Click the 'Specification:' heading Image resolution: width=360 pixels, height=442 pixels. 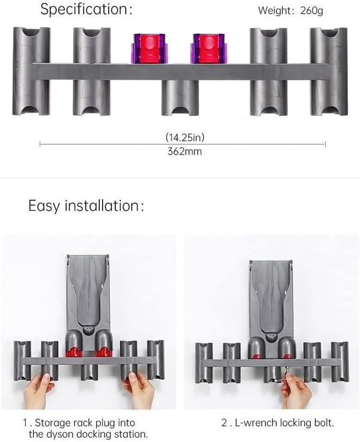pos(86,9)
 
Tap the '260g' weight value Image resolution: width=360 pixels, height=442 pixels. pos(311,11)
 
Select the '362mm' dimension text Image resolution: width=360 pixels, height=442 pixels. pos(185,151)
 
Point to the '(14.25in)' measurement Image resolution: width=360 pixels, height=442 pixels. pos(185,137)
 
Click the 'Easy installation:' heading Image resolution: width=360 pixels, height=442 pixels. pos(86,206)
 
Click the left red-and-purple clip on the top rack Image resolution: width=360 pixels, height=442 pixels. pos(148,49)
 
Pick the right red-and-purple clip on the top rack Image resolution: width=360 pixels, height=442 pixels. pos(209,49)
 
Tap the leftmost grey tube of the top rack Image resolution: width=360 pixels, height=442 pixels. pos(32,71)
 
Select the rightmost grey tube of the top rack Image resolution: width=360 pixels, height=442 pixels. pos(329,71)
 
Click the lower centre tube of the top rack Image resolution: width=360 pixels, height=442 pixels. pos(180,97)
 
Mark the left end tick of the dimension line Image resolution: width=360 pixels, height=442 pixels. pos(40,144)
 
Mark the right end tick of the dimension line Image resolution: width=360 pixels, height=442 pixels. pos(325,144)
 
